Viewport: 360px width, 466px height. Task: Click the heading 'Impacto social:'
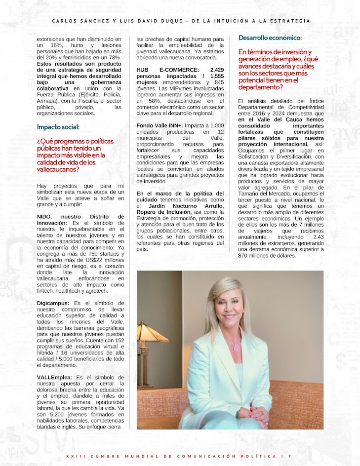click(58, 127)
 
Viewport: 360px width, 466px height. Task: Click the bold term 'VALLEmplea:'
click(53, 377)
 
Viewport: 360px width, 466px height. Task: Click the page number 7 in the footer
click(289, 456)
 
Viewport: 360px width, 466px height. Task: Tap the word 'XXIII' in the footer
click(73, 456)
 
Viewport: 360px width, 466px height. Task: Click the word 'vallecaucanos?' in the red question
click(58, 169)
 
